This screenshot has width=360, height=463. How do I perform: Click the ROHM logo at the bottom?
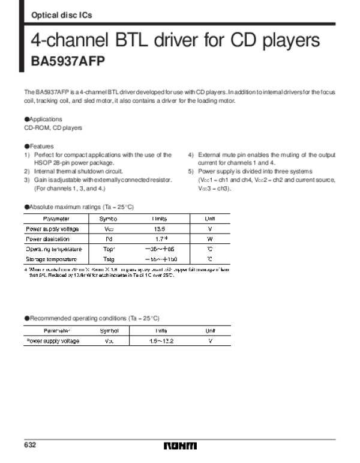point(180,446)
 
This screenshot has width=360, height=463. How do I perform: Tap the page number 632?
point(31,445)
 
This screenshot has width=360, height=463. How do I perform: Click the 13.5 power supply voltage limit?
point(160,229)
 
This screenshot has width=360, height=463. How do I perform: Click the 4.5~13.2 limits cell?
point(161,341)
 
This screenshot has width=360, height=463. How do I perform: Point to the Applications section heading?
point(41,120)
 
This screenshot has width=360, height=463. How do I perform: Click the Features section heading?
point(39,146)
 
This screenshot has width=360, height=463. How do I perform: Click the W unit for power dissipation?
point(210,238)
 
